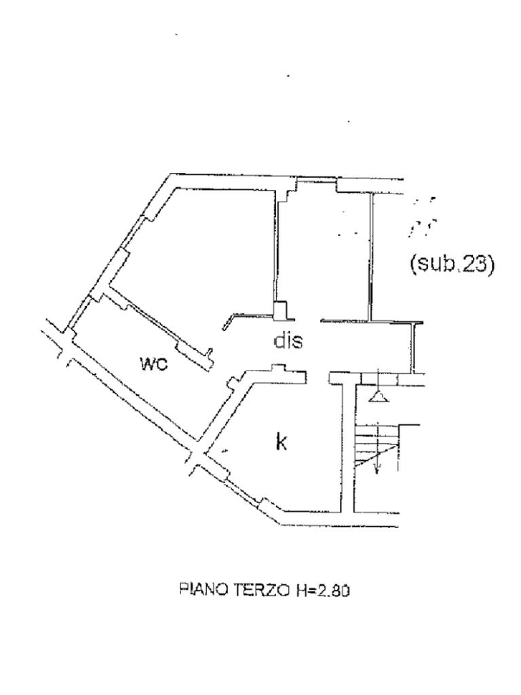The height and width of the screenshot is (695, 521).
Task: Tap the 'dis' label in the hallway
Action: pos(288,341)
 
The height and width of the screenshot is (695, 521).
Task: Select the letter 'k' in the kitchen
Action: pos(281,443)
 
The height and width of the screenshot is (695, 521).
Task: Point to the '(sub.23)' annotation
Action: pos(450,264)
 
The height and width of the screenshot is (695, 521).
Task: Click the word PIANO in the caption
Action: pos(202,590)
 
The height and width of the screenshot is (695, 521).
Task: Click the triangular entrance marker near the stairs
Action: pos(379,396)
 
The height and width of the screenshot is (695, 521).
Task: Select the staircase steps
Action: pos(377,445)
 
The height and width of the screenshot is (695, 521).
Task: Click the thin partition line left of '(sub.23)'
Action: pos(370,258)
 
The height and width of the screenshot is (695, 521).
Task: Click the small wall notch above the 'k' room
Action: pos(278,369)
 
